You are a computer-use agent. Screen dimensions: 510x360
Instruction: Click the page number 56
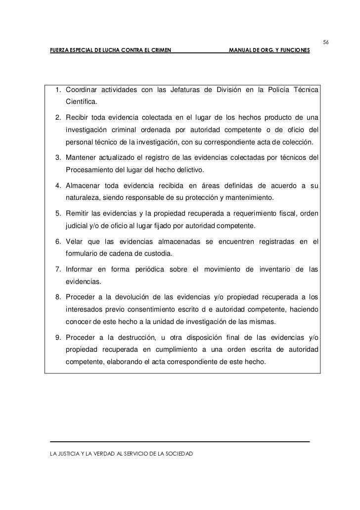pos(326,42)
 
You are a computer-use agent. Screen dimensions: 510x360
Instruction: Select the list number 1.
pos(58,90)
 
